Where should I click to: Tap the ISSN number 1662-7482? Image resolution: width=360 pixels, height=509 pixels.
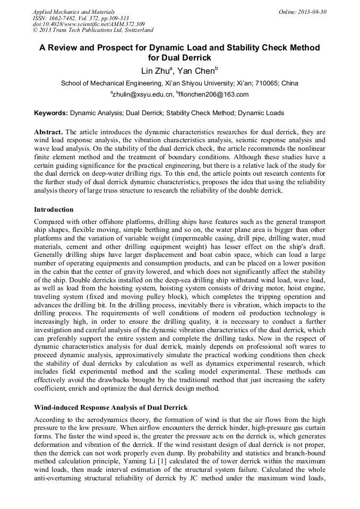(65, 18)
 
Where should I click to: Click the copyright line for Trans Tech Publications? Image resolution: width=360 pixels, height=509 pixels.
(93, 31)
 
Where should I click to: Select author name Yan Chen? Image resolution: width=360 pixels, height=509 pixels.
(195, 71)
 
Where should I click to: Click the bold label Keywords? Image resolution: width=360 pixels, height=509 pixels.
(51, 113)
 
